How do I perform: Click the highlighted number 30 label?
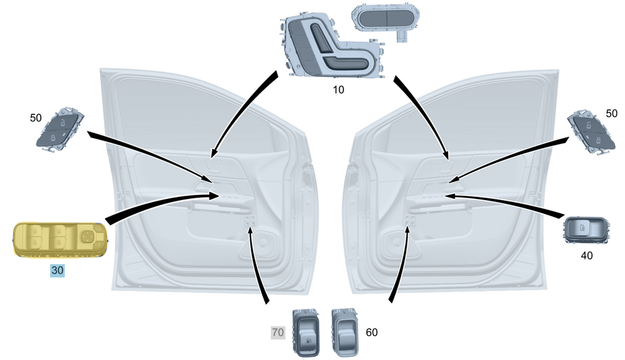[x=57, y=270]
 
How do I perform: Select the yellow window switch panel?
[x=60, y=240]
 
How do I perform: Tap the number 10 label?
[x=338, y=90]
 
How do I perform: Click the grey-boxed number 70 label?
[x=278, y=332]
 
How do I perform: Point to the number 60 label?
[x=371, y=332]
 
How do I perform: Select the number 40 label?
[x=586, y=255]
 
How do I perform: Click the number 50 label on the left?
[x=36, y=118]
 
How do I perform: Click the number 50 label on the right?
[x=611, y=113]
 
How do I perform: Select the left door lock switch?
[x=60, y=129]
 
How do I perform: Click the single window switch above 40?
[x=586, y=231]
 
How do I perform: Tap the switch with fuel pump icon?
[x=306, y=332]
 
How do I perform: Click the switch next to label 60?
[x=345, y=332]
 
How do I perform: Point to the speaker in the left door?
[x=264, y=241]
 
